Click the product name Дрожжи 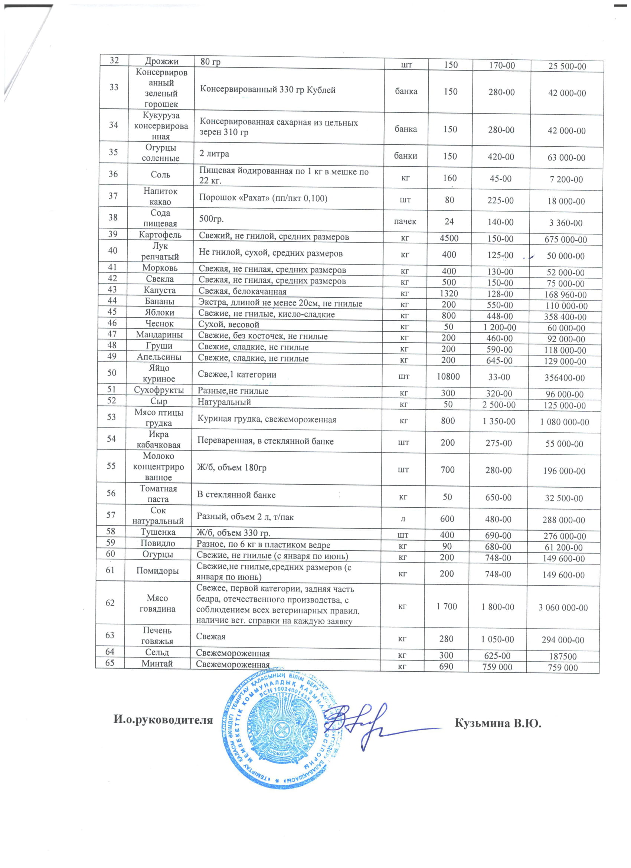[161, 61]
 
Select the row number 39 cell [113, 234]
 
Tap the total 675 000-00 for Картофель [566, 240]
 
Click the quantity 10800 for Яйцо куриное [448, 377]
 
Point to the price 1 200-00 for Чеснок [499, 327]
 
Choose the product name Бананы [159, 301]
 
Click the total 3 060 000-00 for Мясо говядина [563, 607]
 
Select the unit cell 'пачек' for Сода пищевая [405, 222]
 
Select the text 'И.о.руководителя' [163, 720]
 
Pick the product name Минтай [157, 663]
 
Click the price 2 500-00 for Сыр [499, 404]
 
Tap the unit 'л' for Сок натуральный [403, 519]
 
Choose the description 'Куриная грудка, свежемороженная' [267, 419]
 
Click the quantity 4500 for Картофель [449, 238]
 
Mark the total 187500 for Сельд [562, 656]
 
